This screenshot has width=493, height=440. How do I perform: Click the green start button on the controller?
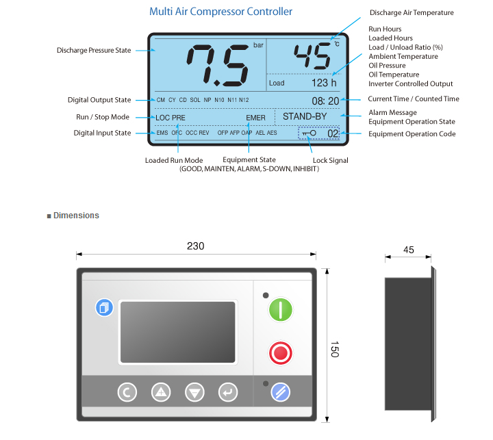click(x=281, y=309)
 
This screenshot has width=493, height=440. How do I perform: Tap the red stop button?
click(x=281, y=353)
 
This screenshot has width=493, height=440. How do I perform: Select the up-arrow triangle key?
click(x=161, y=392)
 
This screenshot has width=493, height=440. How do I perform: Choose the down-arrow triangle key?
click(x=194, y=392)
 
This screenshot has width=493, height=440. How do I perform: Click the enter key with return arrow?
click(x=228, y=392)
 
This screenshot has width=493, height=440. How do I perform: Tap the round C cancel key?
click(x=127, y=392)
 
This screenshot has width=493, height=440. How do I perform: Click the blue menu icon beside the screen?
click(x=104, y=307)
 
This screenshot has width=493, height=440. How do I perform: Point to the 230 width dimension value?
click(x=196, y=246)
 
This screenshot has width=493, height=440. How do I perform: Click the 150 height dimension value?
click(x=335, y=349)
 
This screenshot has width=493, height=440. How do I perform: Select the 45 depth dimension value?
click(x=408, y=250)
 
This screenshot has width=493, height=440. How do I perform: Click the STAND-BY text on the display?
click(x=305, y=116)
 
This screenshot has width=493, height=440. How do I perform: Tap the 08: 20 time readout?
click(x=325, y=101)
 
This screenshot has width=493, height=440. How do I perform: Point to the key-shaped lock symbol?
click(x=309, y=133)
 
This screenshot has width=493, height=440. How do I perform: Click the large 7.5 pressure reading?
click(x=218, y=65)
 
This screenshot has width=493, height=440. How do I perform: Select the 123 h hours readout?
click(x=324, y=83)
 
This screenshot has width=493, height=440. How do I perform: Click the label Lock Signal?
click(x=331, y=160)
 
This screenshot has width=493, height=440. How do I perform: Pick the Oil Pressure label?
click(x=387, y=66)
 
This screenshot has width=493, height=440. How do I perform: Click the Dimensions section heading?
click(x=76, y=216)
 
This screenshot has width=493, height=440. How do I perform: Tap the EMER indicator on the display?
click(x=255, y=118)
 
